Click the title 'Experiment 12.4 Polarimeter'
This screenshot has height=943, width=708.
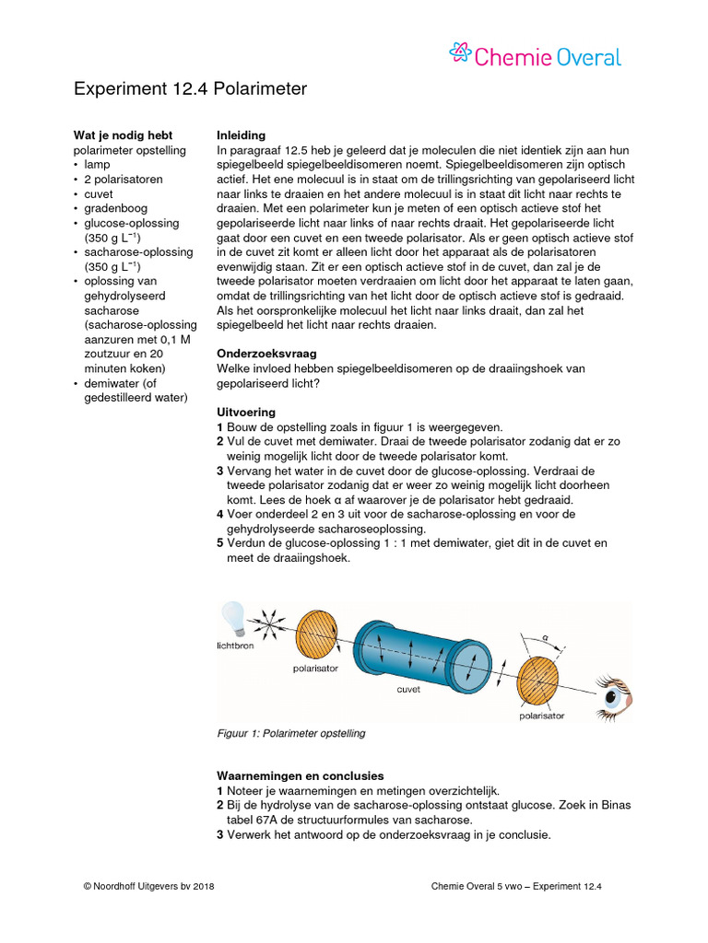(189, 89)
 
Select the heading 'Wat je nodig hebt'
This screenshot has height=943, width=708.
(123, 135)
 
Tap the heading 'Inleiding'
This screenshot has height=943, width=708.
(241, 135)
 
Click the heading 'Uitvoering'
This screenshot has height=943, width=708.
(244, 412)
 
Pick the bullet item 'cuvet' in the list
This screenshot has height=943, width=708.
(99, 194)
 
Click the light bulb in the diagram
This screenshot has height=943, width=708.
(232, 616)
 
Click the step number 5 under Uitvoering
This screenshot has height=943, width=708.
(219, 543)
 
